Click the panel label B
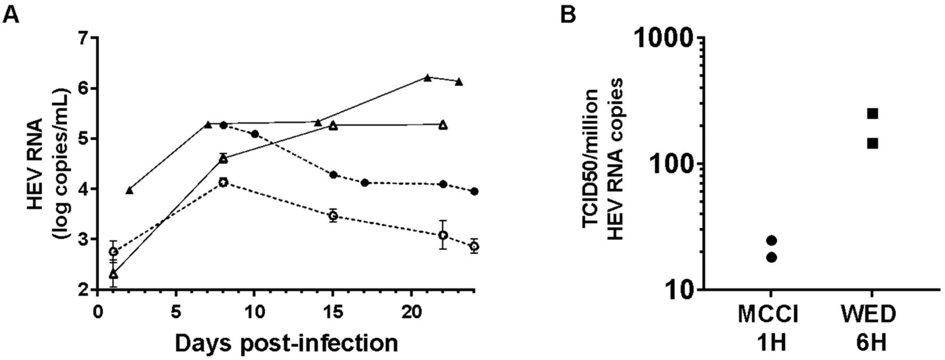point(568,15)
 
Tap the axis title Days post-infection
point(286,343)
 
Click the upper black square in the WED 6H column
point(872,114)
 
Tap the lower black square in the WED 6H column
point(872,143)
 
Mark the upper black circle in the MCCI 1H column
point(772,240)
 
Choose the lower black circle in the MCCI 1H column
point(772,258)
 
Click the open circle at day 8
point(223,182)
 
